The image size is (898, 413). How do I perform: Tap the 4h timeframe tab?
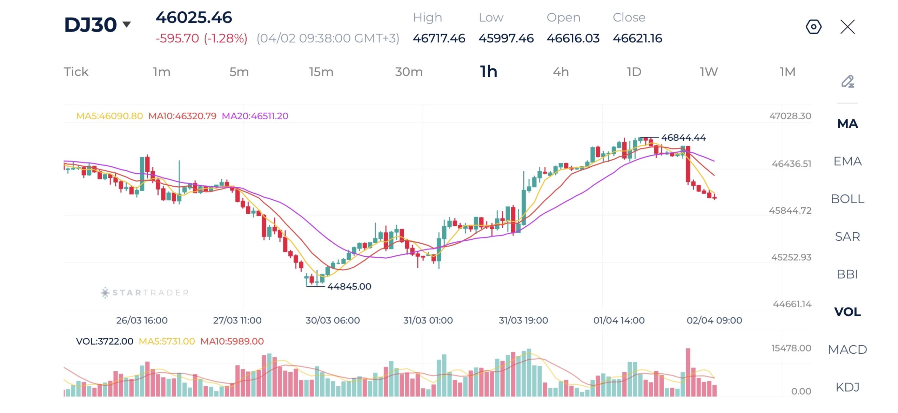tap(561, 72)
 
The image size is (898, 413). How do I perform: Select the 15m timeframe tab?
tap(321, 72)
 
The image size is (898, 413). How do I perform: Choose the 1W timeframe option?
tap(709, 72)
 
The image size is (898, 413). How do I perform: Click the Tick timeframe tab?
tap(76, 72)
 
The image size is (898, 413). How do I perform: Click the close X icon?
tap(847, 27)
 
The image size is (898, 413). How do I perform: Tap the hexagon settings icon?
tap(813, 27)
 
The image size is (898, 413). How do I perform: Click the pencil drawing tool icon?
tap(847, 81)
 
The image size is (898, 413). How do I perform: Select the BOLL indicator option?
tap(847, 199)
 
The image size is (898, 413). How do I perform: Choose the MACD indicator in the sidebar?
tap(847, 349)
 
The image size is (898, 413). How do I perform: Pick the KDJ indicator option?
tap(847, 387)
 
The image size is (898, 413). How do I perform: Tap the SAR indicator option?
tap(847, 237)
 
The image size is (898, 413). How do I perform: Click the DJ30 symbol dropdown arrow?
tap(127, 24)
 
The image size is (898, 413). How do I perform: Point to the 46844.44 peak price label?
tap(683, 138)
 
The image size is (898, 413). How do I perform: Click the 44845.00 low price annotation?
tap(349, 286)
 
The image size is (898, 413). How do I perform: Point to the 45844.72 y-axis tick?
tap(790, 211)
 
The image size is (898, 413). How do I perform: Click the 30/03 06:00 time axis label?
tap(333, 320)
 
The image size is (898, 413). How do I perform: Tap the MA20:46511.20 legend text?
tap(255, 116)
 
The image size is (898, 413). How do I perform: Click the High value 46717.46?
tap(439, 38)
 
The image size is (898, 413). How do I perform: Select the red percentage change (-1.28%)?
tap(226, 38)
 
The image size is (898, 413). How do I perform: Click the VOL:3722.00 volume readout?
tap(105, 341)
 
